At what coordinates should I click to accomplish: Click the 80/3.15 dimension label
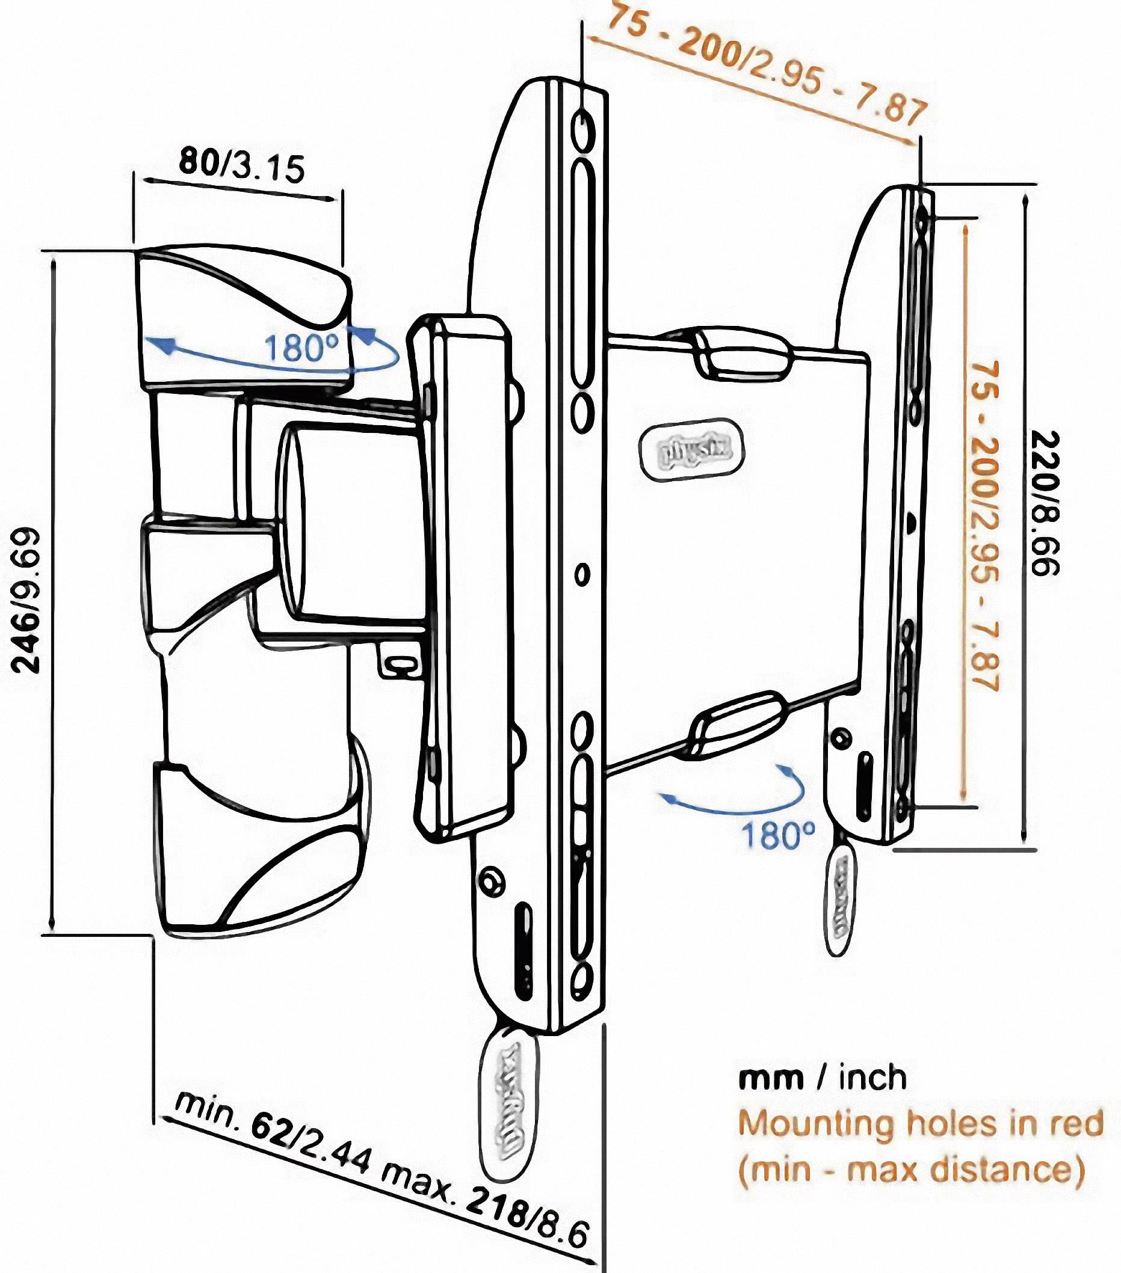coord(242,166)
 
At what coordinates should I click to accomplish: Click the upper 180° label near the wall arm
coord(301,348)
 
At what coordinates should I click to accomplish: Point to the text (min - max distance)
coord(912,1170)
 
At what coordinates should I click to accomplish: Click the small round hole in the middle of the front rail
coord(582,574)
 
